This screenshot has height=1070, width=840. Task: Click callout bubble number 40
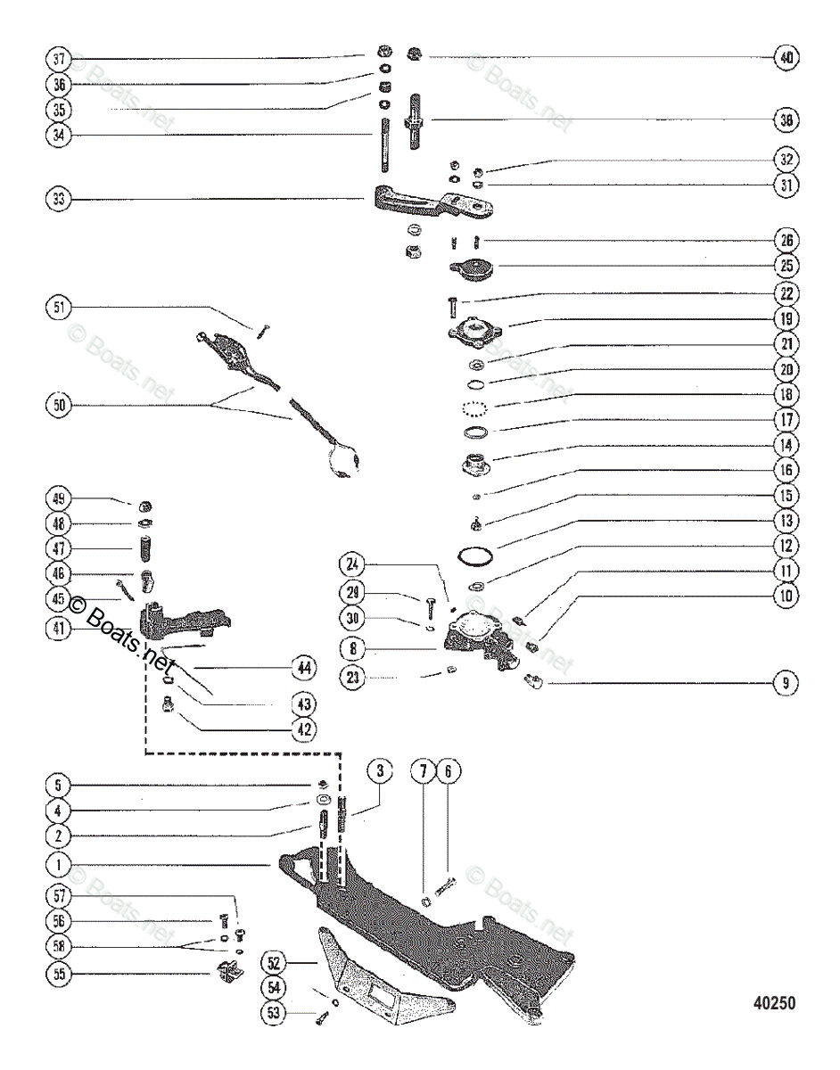[786, 57]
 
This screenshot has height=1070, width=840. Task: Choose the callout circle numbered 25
[786, 265]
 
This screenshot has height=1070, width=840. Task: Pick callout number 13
[786, 519]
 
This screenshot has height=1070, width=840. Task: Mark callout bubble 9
[786, 684]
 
